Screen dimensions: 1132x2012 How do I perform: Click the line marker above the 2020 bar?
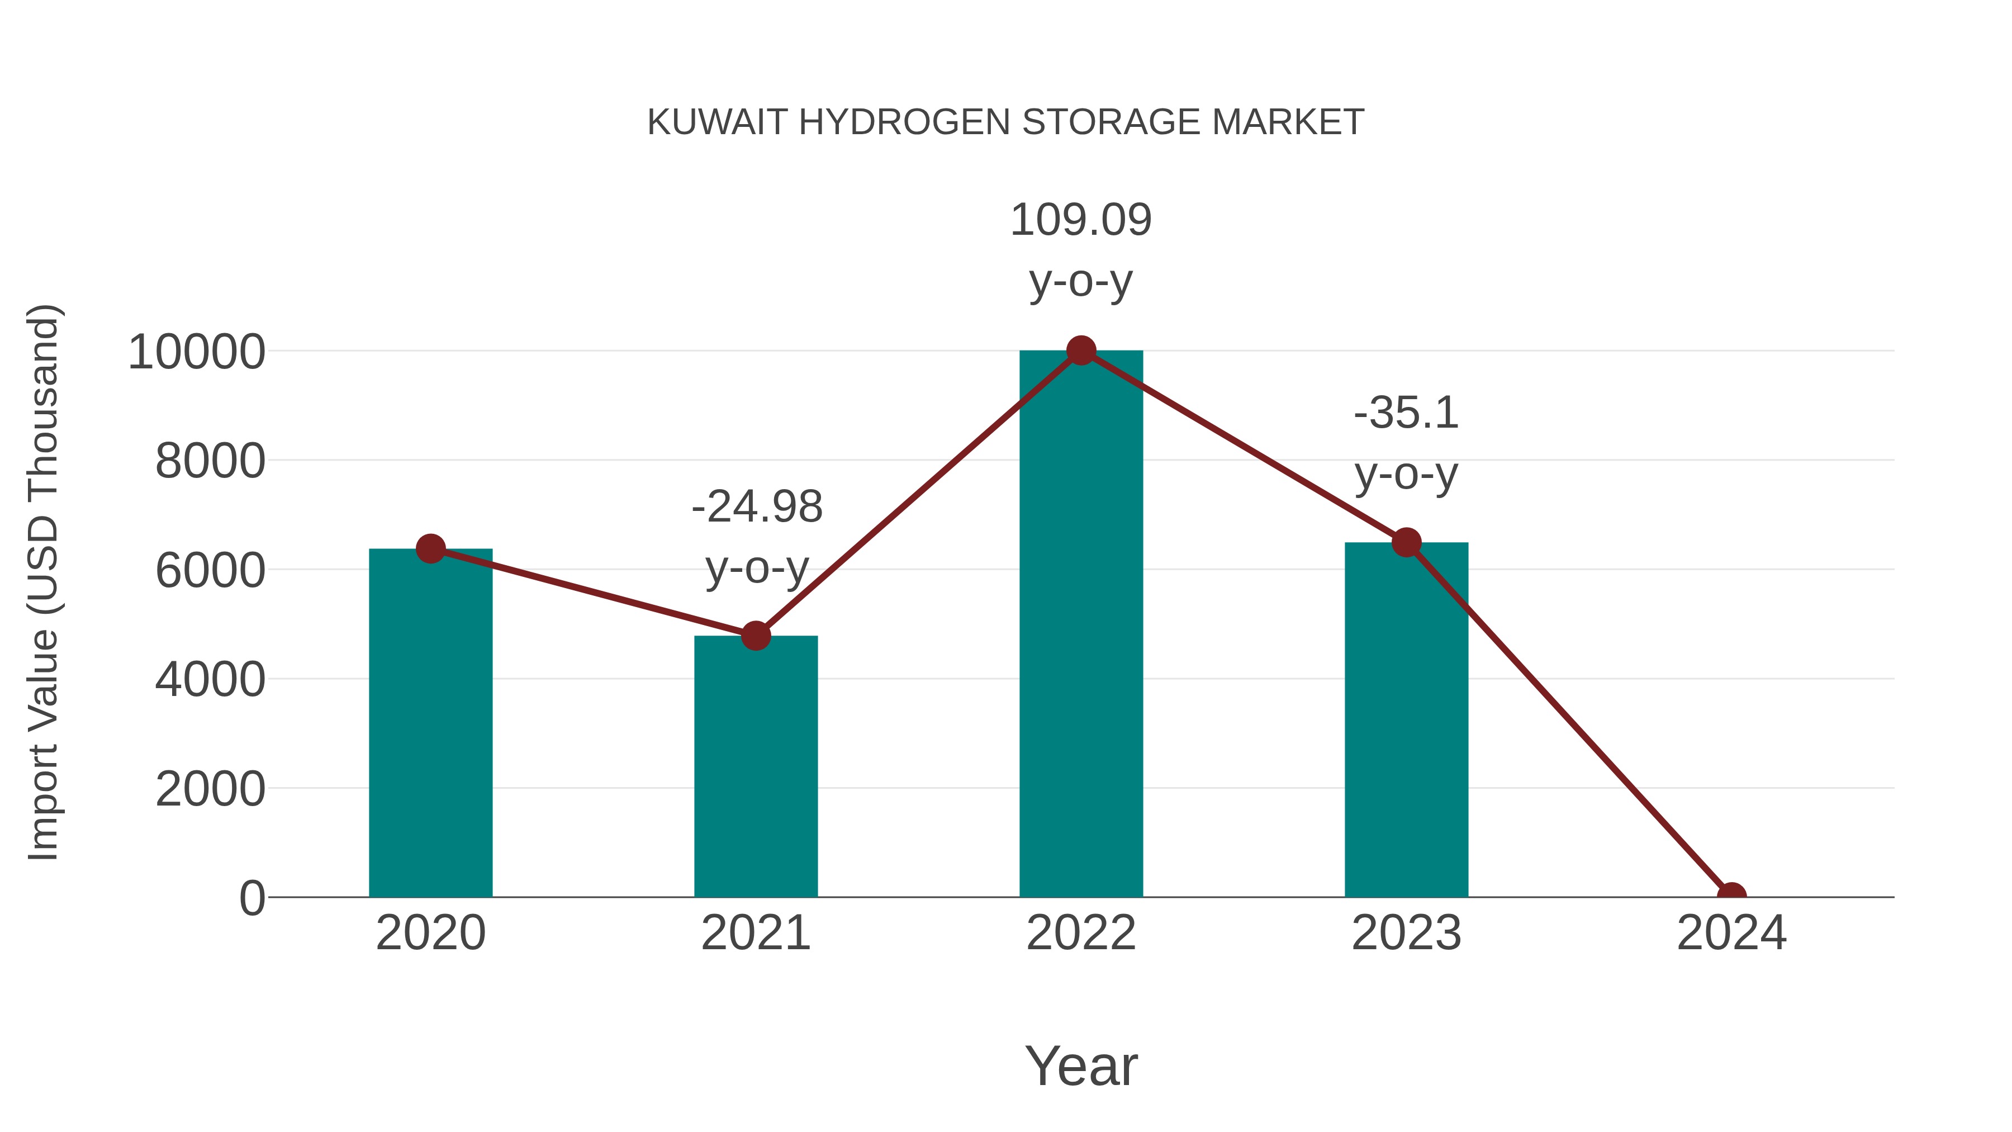tap(430, 548)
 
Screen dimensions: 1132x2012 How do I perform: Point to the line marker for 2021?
tap(755, 636)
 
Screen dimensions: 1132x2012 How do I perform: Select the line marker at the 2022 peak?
tap(1081, 351)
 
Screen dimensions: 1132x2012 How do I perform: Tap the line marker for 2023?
tap(1406, 542)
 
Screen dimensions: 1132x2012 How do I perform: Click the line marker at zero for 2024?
tap(1731, 896)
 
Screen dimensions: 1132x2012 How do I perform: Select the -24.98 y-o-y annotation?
tap(757, 537)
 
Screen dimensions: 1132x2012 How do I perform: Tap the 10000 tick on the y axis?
tap(197, 352)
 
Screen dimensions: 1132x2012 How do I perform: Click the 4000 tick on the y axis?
tap(210, 680)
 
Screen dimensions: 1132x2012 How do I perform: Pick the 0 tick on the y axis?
tap(251, 898)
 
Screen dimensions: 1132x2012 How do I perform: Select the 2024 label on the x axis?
tap(1731, 933)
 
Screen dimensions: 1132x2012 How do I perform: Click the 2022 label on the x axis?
tap(1081, 933)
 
